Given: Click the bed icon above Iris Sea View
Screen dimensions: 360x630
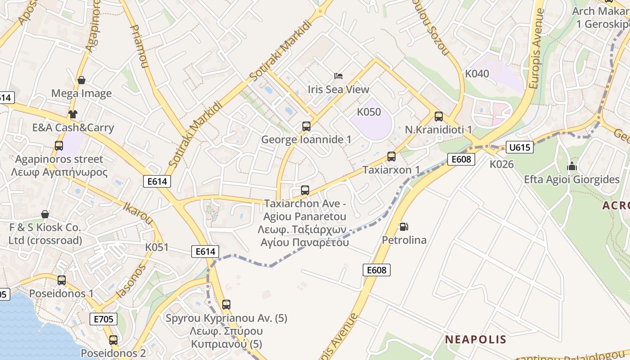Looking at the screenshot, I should [338, 76].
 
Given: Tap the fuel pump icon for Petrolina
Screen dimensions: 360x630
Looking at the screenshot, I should [404, 226].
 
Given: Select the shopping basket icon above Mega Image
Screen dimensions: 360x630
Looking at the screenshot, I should [81, 80].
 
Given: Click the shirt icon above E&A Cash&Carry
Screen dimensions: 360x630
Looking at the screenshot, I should [72, 114].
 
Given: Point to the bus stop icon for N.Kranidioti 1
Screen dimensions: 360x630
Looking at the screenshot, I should [439, 117].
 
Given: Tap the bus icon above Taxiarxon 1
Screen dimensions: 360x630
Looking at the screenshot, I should [391, 157].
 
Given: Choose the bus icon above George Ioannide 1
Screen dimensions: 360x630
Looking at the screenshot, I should [306, 126].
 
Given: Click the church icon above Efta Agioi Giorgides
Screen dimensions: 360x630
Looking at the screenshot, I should [572, 166].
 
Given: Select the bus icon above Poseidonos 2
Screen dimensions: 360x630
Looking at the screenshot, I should [113, 340].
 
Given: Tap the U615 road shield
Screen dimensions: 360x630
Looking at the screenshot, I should [520, 147].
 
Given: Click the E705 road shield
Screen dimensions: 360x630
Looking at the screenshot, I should [103, 319].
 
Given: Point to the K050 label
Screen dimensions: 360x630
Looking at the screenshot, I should [369, 112].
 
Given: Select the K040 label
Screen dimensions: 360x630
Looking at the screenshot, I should [477, 74].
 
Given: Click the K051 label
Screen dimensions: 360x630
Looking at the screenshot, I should [157, 247].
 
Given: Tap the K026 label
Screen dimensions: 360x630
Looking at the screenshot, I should [502, 164].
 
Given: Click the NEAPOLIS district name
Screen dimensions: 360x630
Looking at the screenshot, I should [476, 339].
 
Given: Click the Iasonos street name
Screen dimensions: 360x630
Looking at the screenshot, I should [131, 281].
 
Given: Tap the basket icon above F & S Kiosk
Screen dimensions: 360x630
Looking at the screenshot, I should [45, 214].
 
